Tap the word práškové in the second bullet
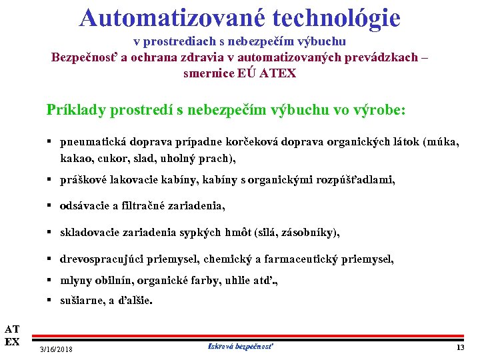click(x=83, y=179)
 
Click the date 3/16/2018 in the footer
click(x=57, y=349)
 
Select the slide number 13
click(x=460, y=348)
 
